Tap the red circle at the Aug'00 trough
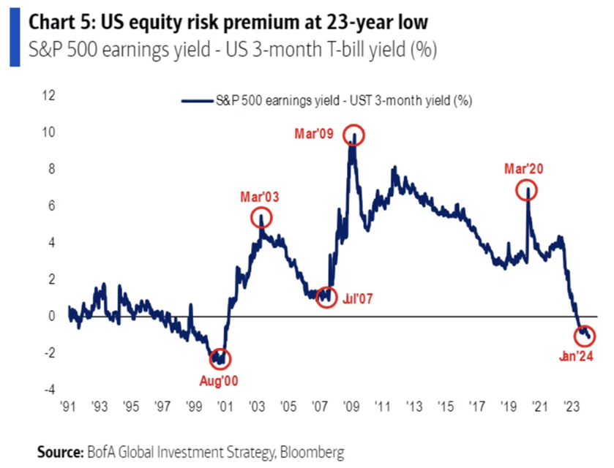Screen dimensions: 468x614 [220, 359]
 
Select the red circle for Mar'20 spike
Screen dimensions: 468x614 [527, 191]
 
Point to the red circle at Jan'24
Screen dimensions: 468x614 [584, 336]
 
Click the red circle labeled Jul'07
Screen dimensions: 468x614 [326, 298]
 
